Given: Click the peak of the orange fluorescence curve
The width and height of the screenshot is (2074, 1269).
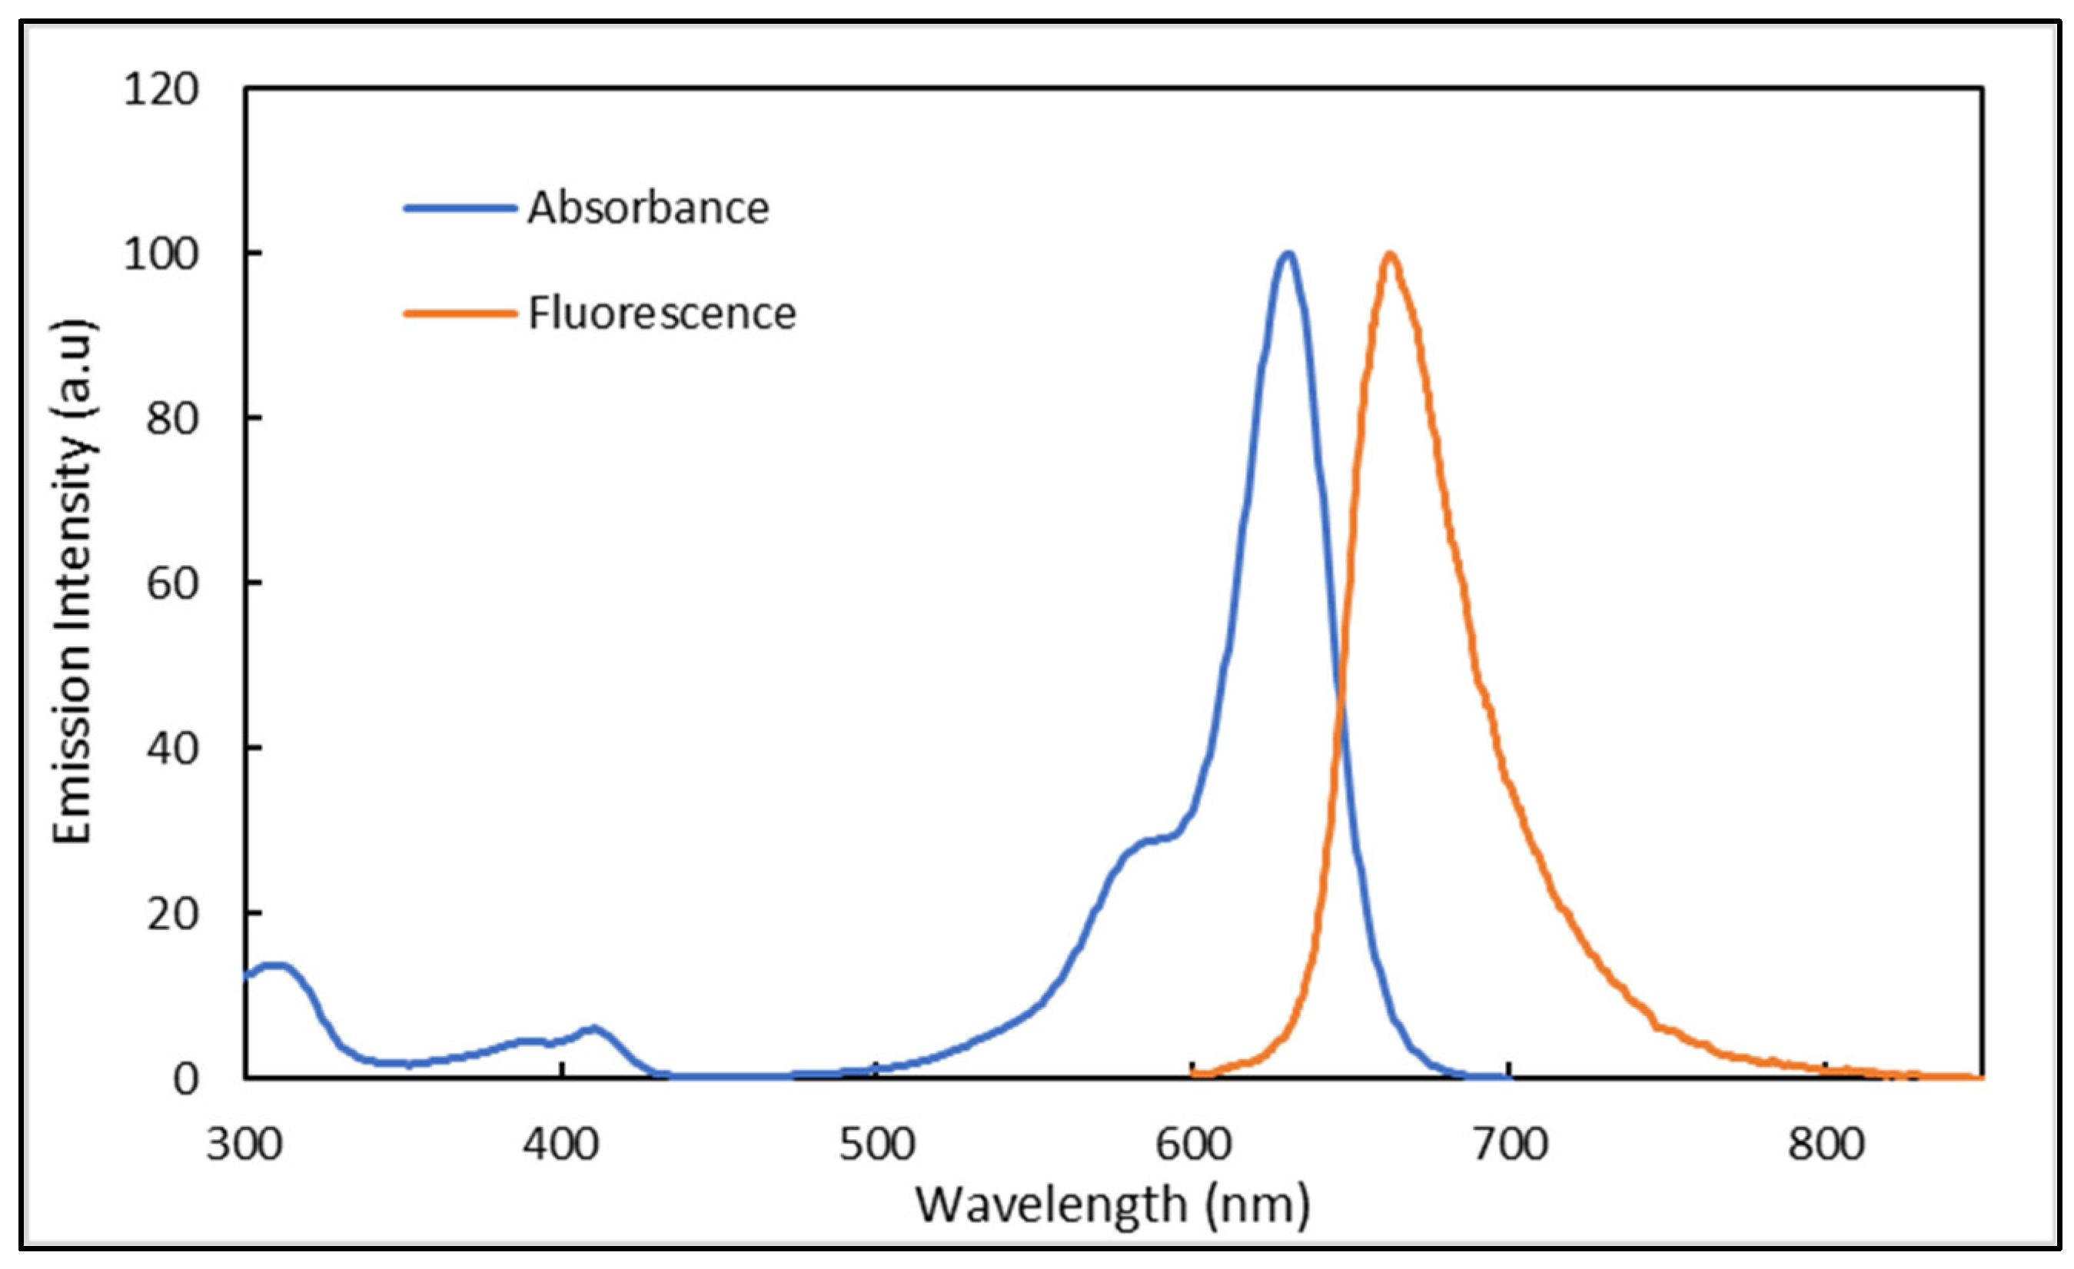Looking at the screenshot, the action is tap(1390, 254).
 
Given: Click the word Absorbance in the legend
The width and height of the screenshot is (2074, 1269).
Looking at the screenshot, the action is tap(648, 208).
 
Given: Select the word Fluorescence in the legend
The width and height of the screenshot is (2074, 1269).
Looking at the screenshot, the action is tap(662, 314).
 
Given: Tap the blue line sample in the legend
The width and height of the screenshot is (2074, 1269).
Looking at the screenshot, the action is tap(460, 208).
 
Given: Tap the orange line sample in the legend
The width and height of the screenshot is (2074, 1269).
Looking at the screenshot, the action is tap(460, 314).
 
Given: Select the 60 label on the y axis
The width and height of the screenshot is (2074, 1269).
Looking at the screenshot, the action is tap(172, 583).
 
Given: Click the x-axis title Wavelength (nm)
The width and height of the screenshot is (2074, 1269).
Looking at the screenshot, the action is tap(1113, 1206).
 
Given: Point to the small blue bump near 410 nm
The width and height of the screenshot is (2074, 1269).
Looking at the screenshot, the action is tap(594, 1028).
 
